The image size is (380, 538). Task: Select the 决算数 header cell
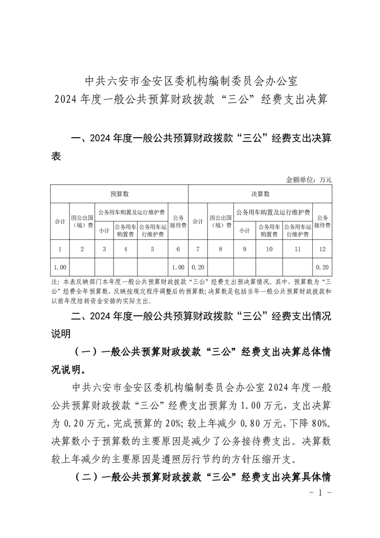click(x=260, y=194)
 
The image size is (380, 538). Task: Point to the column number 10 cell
click(x=269, y=249)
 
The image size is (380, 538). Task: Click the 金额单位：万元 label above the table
click(x=309, y=180)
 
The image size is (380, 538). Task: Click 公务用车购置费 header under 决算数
click(x=269, y=230)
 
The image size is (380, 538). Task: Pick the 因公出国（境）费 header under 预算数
click(x=82, y=221)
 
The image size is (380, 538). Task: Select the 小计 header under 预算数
click(x=104, y=230)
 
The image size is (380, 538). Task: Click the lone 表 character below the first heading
click(x=56, y=156)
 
